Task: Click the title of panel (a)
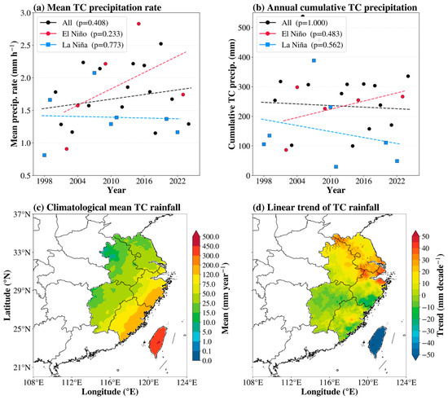point(97,7)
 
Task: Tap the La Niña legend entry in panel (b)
point(301,45)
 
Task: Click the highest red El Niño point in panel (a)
point(138,24)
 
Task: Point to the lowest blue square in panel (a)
point(44,155)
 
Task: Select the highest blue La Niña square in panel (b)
point(314,60)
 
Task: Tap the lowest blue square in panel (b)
point(336,166)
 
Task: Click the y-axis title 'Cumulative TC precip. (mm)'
point(231,94)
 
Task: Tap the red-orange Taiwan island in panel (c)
point(158,341)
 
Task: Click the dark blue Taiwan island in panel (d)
point(377,341)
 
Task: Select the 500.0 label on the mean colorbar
point(211,236)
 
